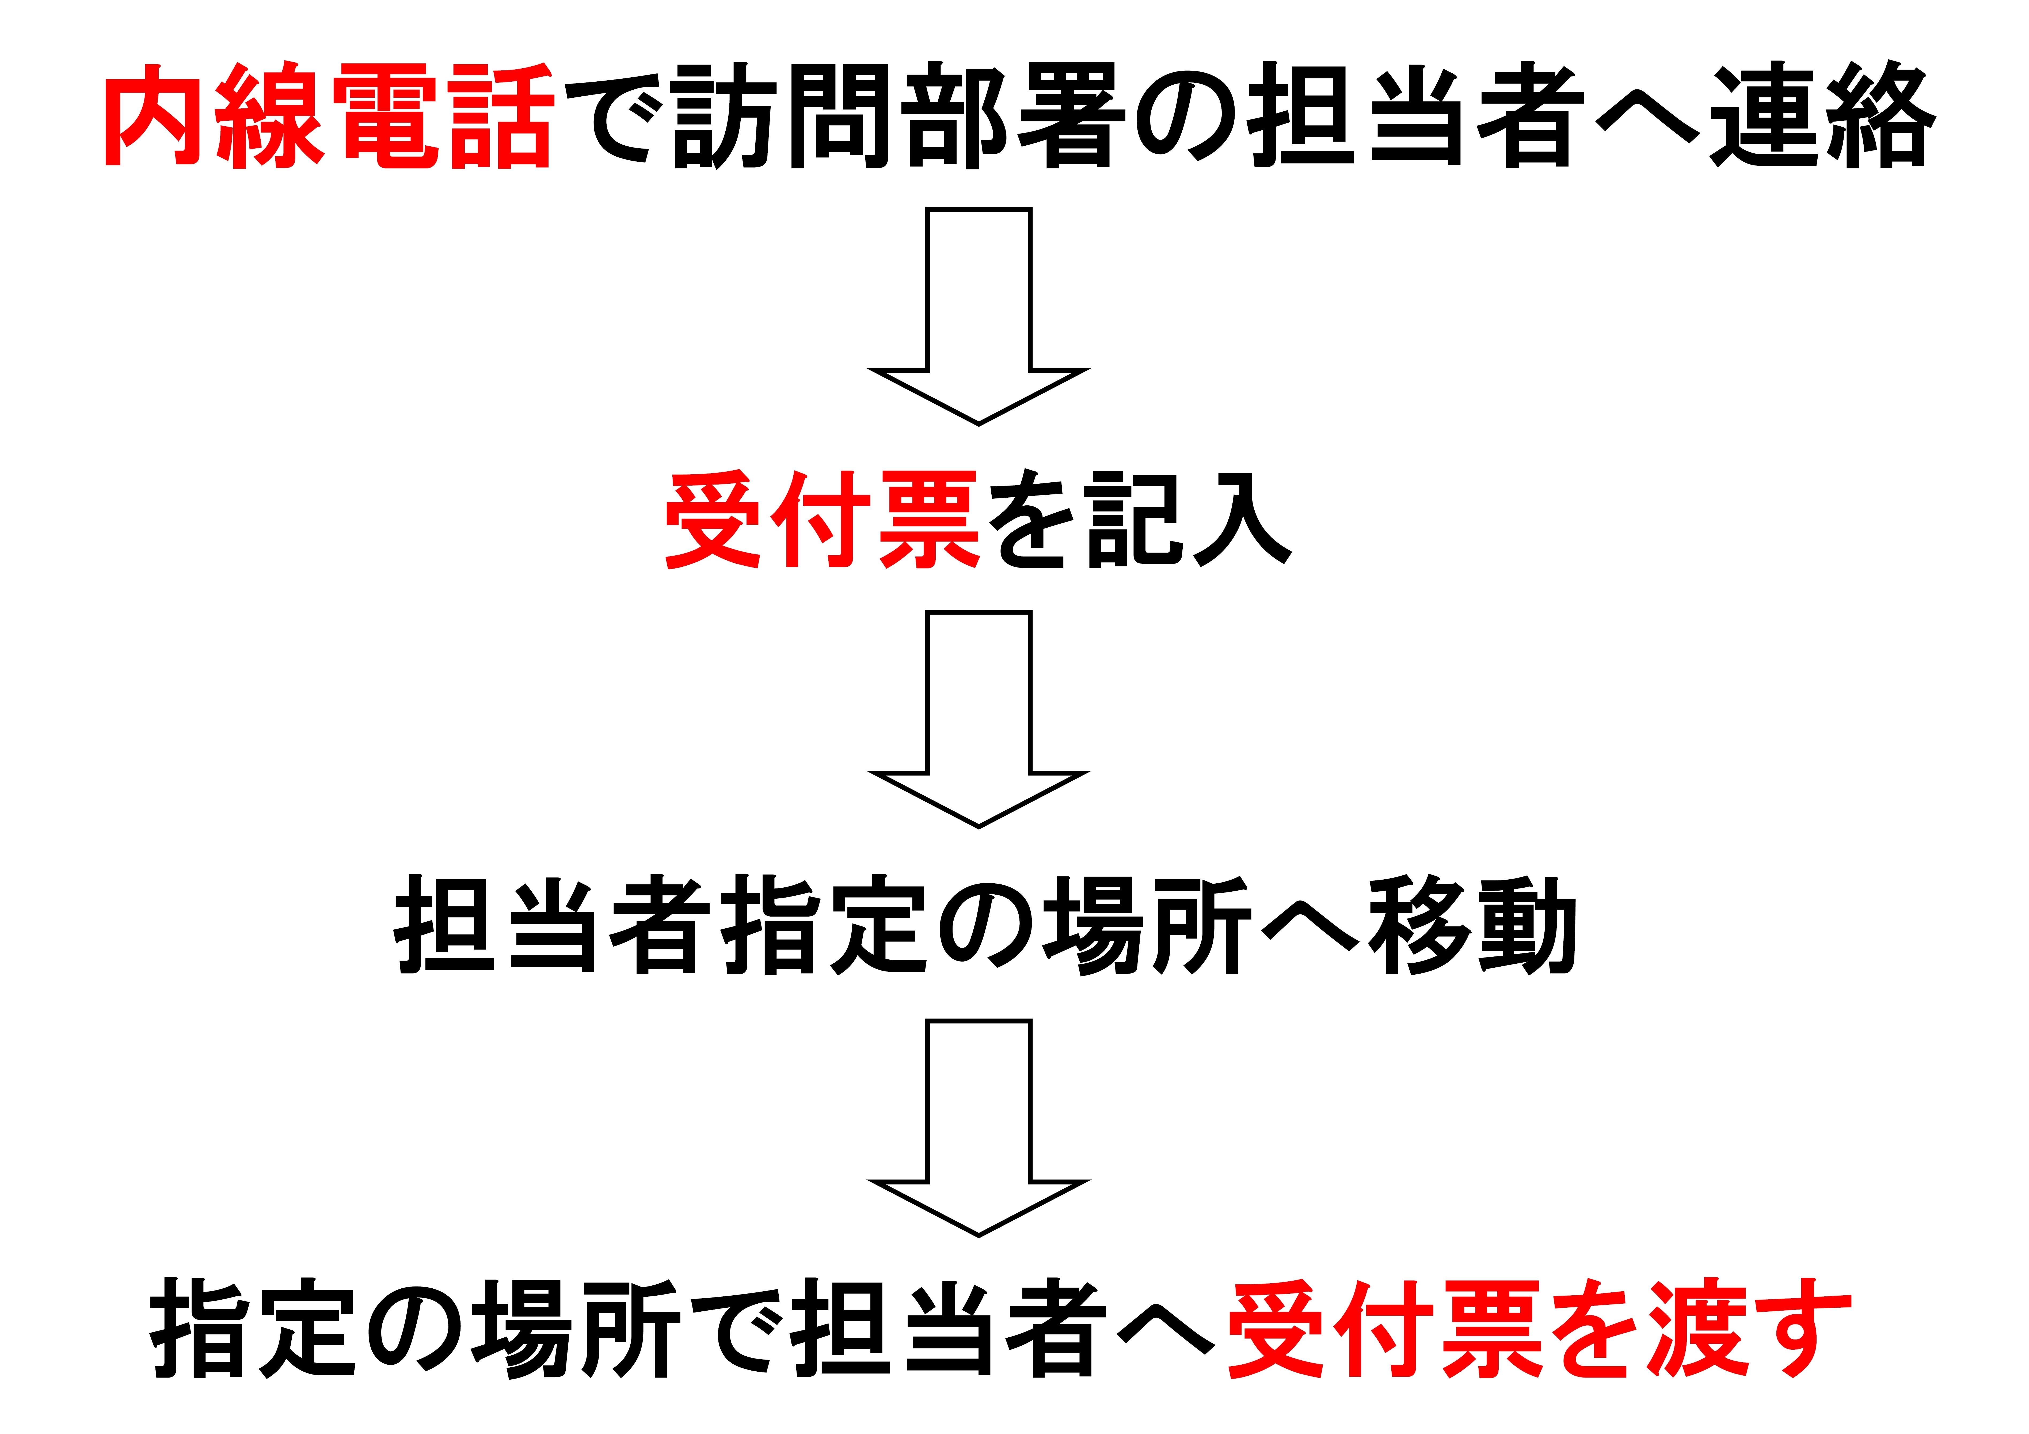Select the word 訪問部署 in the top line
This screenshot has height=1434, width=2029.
pyautogui.click(x=899, y=115)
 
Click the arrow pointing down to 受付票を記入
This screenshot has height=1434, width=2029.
pyautogui.click(x=979, y=316)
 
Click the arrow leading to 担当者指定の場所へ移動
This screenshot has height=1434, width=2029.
pyautogui.click(x=979, y=719)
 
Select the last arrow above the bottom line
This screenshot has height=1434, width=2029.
pyautogui.click(x=979, y=1128)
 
